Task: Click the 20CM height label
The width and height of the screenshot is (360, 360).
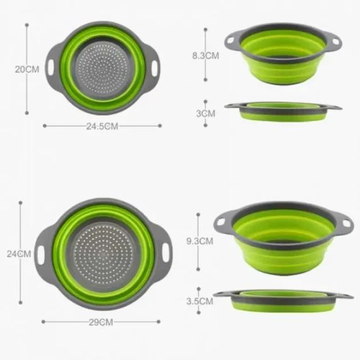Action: coord(27,69)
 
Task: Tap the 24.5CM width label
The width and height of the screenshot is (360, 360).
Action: coord(102,126)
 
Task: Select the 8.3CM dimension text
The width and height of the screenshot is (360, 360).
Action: coord(206,56)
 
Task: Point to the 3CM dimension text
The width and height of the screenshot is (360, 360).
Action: coord(206,114)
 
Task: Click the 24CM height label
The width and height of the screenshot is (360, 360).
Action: coord(19,254)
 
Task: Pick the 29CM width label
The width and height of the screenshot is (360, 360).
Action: coord(101,322)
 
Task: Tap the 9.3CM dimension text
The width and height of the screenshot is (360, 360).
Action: coord(200,241)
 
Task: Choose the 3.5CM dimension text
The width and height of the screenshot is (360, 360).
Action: coord(200,301)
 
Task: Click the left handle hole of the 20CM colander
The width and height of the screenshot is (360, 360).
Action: coord(51,68)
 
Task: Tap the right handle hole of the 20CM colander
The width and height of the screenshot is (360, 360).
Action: coord(155,68)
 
